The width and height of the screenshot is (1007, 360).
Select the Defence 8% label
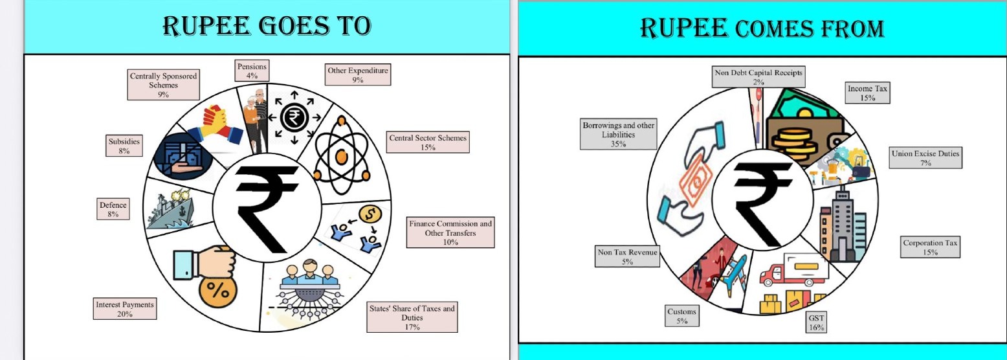pos(113,209)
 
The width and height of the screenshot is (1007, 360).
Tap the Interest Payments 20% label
pos(124,309)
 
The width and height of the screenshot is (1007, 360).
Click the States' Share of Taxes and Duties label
pos(412,317)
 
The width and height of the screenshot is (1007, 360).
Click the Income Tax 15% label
pos(868,93)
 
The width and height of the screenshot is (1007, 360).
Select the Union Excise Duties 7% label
pos(925,158)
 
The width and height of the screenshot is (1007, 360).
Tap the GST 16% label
pos(816,322)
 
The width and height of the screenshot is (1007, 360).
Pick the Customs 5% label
pos(681,316)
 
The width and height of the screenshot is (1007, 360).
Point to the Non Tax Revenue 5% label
pos(627,257)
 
